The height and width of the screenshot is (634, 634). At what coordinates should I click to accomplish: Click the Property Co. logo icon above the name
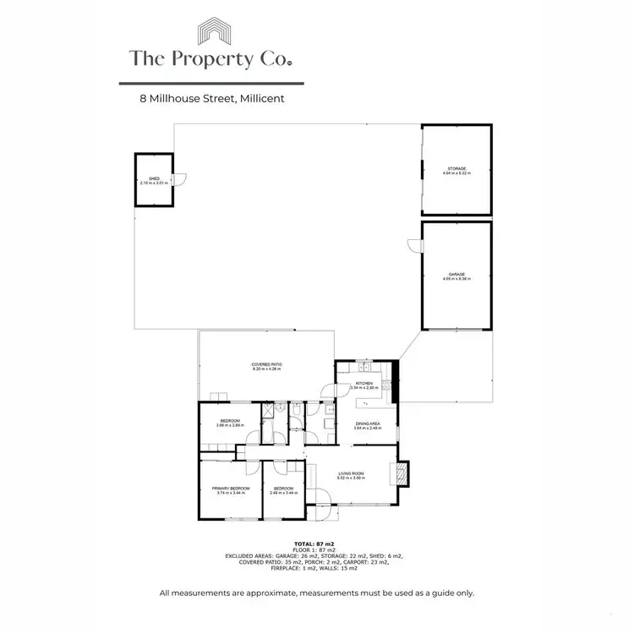click(211, 32)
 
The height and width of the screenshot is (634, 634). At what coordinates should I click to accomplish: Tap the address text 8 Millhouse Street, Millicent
click(212, 98)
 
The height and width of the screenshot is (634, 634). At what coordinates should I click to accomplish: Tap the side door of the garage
click(413, 245)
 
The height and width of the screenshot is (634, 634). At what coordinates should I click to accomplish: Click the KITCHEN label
click(363, 385)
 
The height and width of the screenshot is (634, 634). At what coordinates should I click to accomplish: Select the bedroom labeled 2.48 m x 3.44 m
click(282, 489)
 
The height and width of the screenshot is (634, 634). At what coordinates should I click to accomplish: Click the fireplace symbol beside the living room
click(402, 472)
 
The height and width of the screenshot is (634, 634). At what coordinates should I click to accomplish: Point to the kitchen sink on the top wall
click(363, 367)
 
